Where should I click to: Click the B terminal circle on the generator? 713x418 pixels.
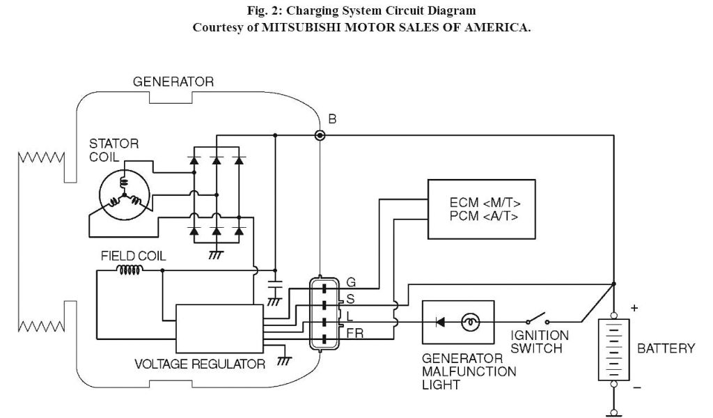coord(320,135)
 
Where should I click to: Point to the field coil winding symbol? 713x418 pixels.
coord(130,270)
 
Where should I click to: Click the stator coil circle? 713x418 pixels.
coord(125,195)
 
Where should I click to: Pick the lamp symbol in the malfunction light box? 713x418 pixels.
coord(471,323)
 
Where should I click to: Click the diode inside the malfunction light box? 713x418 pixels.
coord(440,323)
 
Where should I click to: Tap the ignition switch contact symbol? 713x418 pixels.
coord(537,318)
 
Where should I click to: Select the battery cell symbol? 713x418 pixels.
coord(613,350)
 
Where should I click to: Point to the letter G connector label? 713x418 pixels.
coord(351,282)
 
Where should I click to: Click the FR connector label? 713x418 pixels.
coord(355,334)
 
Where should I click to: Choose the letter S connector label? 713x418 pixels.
coord(350,299)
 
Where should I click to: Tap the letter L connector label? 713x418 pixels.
coord(350,316)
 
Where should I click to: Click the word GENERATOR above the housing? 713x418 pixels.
coord(173,82)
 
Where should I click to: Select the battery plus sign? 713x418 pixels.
coord(634,308)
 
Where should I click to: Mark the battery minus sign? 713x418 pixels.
coord(636,387)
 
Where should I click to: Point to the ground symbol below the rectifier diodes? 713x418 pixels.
coord(216,255)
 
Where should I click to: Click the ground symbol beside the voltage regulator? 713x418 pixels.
coord(284,361)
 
